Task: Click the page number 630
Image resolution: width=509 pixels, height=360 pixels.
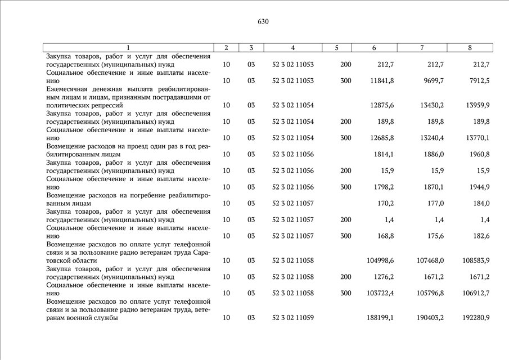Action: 263,22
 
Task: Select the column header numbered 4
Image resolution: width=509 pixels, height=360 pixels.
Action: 293,48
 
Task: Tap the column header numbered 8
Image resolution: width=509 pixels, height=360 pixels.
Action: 470,48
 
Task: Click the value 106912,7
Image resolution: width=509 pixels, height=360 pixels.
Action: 475,293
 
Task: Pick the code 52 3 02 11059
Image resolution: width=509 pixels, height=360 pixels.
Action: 293,318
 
